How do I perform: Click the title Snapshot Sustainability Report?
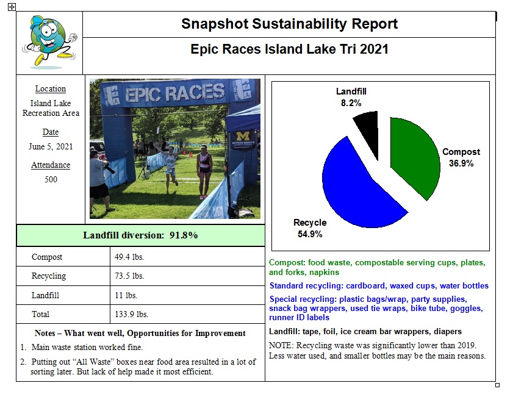[289, 24]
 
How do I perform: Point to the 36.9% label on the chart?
[461, 163]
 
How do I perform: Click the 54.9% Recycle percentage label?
[310, 234]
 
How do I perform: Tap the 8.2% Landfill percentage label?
[351, 103]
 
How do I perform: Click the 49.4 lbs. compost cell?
[129, 257]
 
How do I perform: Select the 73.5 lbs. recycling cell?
[129, 276]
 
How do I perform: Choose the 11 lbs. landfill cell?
[126, 296]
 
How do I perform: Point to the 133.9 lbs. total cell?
[131, 315]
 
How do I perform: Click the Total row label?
[41, 315]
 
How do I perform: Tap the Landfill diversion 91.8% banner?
[140, 235]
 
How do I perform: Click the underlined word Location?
[51, 89]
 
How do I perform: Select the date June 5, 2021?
[51, 147]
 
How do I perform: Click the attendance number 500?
[51, 179]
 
